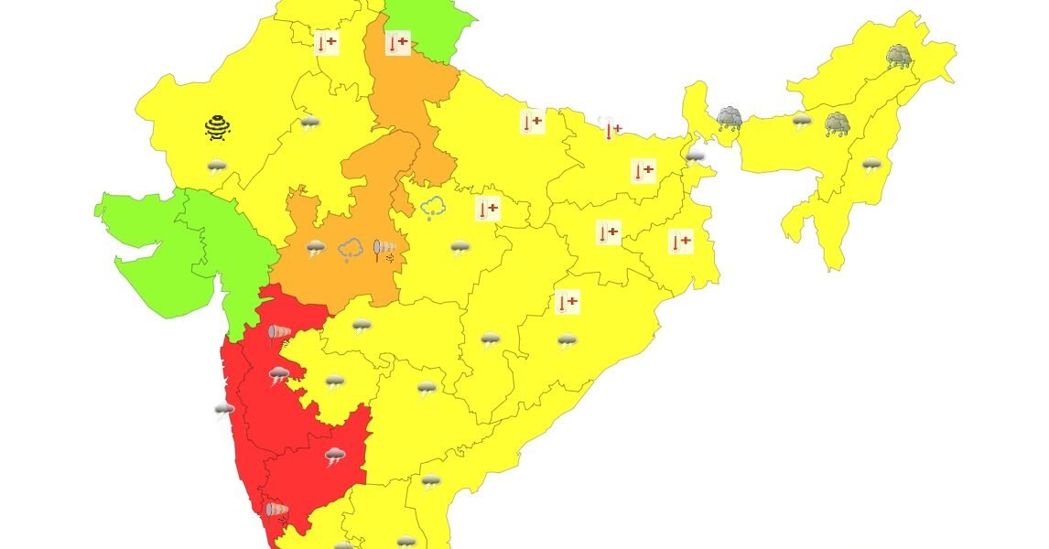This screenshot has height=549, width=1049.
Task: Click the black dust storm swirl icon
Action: click(217, 127)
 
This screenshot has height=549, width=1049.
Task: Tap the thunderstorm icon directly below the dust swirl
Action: click(217, 167)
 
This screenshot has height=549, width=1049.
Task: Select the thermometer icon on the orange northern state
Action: click(397, 43)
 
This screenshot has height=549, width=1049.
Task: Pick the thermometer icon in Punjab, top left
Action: click(326, 43)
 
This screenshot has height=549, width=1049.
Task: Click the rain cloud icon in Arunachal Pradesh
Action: click(898, 57)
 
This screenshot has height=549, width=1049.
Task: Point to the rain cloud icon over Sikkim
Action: click(729, 118)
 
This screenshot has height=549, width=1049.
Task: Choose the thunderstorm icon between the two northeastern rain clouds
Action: click(803, 122)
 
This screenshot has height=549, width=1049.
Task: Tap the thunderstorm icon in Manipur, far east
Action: click(871, 166)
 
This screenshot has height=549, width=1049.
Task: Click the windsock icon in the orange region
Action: click(385, 249)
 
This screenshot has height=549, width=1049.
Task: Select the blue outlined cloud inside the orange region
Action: click(351, 249)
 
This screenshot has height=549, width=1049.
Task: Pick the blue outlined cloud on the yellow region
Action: click(434, 209)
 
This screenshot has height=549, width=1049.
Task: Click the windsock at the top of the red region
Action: click(279, 334)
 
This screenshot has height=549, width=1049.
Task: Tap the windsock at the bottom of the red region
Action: click(276, 511)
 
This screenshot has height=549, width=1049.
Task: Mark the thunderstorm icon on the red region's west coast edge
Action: click(223, 410)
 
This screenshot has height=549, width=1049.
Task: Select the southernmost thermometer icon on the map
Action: click(568, 301)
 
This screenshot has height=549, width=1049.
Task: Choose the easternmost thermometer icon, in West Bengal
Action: click(679, 242)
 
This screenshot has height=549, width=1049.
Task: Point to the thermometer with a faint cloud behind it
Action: click(610, 128)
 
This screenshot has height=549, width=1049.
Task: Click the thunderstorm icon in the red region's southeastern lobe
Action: click(335, 456)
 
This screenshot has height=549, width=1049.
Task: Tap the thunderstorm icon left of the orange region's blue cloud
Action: click(317, 248)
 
